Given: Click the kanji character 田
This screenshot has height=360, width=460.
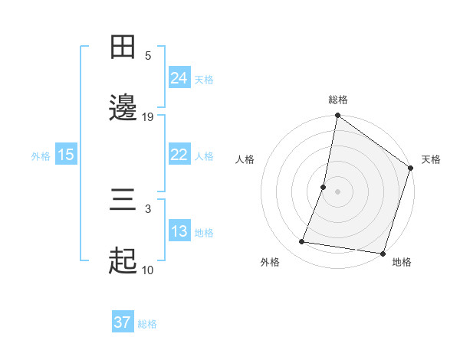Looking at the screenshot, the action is pos(123,47).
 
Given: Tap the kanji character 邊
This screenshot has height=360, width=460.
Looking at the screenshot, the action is pos(123,108).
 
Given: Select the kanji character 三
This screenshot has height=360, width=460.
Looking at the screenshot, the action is pos(123,201).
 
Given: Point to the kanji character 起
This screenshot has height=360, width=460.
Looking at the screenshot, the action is pos(123,261).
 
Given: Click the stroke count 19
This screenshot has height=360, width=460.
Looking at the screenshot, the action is pos(148,116).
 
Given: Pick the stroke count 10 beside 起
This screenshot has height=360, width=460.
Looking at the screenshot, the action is pos(148,270).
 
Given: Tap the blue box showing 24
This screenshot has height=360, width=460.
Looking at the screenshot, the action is pos(179,78).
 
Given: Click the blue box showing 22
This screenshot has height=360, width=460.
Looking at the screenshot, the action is pos(179,155).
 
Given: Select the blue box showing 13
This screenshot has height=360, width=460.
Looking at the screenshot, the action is pos(179,231).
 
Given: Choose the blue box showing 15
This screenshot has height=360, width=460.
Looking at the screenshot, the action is pos(66,155).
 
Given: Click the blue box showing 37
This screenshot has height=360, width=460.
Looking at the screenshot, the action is pos(122,322).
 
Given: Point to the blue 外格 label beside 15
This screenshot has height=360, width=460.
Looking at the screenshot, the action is pos(41,155).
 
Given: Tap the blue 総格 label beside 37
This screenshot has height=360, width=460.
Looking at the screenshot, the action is pos(147,324).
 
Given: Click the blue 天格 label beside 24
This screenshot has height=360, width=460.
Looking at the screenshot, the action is pos(204,80).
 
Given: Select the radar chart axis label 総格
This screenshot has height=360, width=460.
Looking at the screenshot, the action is pos(338,100).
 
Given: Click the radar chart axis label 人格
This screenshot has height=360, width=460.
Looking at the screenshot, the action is pos(245,159).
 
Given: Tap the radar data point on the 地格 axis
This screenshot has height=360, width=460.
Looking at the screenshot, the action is pos(383,253).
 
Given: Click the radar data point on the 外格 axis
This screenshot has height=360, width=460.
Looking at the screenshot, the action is pos(303,242).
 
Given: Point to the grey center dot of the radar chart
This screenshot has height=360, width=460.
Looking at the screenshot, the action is pos(338,191).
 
